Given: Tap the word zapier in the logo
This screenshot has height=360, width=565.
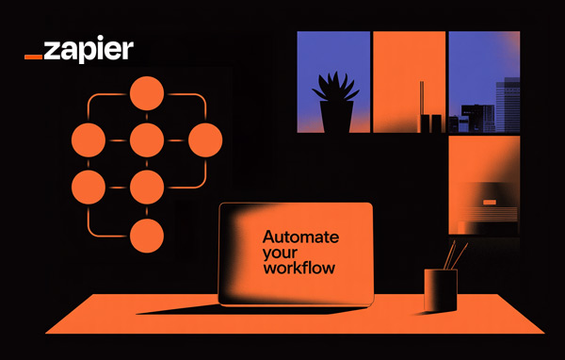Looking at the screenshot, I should (89, 48).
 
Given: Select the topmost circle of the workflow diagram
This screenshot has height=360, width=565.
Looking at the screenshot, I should (146, 93).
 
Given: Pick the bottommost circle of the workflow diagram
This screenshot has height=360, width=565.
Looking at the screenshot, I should (146, 235).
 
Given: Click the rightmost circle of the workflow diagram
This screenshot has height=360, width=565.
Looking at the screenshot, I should (204, 140).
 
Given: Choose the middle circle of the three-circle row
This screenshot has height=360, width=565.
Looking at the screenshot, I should (146, 140).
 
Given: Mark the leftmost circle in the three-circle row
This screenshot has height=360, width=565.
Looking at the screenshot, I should (88, 140).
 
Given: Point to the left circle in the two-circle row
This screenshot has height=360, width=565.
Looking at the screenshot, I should (88, 187).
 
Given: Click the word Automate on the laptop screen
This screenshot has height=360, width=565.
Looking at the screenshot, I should (300, 237).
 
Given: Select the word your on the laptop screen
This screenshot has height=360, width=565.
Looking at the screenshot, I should (279, 253).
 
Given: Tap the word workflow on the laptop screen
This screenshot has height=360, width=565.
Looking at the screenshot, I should (299, 269).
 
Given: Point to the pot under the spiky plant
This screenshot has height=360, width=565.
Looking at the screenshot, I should (335, 118).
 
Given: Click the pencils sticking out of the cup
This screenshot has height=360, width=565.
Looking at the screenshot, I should (456, 254).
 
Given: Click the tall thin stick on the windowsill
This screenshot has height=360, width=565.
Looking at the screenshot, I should (421, 104).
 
